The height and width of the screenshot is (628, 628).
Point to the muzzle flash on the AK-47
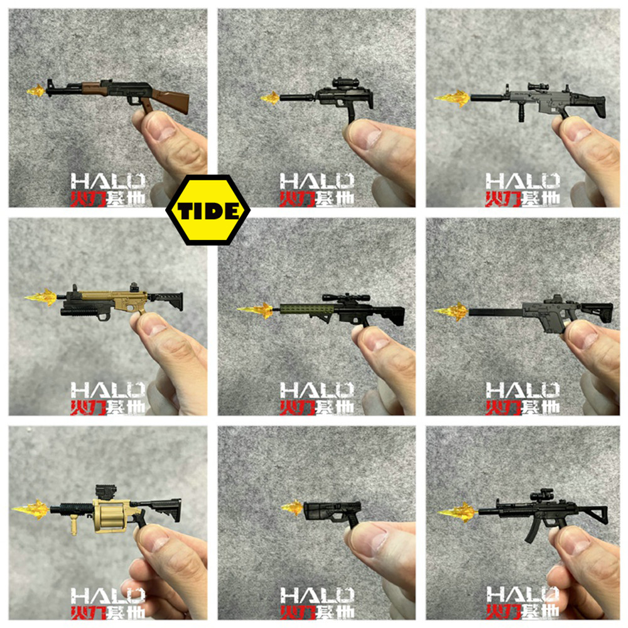[37, 90]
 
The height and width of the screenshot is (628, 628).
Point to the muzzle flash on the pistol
[293, 507]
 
